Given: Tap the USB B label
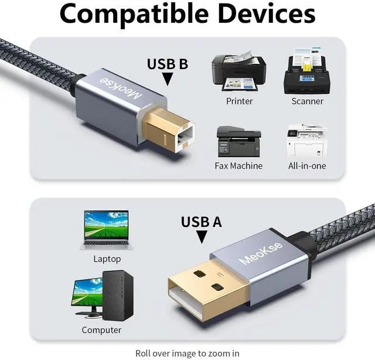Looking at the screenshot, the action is [x=167, y=64].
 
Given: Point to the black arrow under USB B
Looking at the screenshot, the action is [x=167, y=79].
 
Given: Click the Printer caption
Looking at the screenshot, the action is [x=239, y=101].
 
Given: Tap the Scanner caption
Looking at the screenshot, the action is [x=307, y=101].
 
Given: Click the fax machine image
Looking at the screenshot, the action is [x=238, y=140].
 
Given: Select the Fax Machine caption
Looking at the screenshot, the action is [x=238, y=166].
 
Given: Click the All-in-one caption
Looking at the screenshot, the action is [x=307, y=166].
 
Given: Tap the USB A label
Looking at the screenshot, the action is [x=201, y=222].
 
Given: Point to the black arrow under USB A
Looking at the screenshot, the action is [x=201, y=237].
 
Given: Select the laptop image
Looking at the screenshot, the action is [x=107, y=229].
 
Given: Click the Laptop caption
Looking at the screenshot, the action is [x=107, y=259].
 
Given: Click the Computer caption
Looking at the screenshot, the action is [x=101, y=330].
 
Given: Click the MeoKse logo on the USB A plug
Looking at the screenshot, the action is [x=261, y=252].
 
